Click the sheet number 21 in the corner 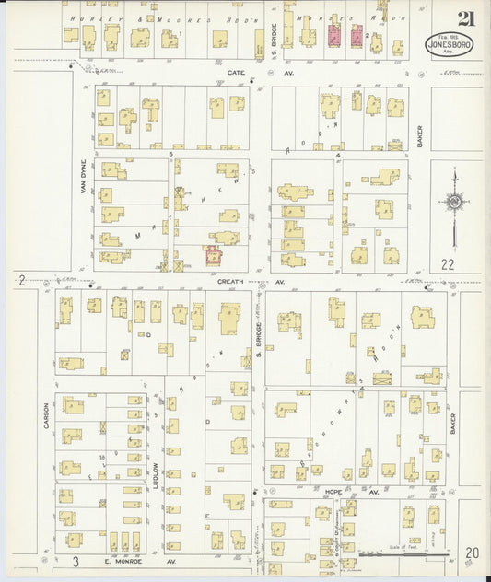click(466, 17)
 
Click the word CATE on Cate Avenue click(236, 70)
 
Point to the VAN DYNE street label click(81, 170)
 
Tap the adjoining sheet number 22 click(449, 264)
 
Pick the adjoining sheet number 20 click(473, 552)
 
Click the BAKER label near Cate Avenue click(417, 137)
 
